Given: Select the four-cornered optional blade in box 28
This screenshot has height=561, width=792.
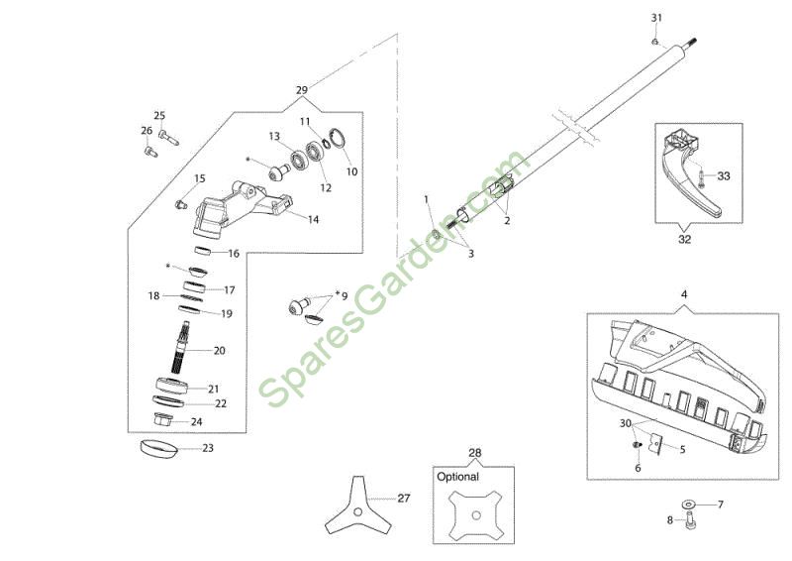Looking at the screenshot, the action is [475, 515].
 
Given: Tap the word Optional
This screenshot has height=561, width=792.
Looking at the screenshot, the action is [457, 477].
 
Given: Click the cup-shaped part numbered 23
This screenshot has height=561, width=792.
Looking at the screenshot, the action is [158, 449].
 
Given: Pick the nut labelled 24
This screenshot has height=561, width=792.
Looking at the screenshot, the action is [163, 419].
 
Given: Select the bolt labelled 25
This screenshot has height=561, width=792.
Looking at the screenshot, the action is [168, 137].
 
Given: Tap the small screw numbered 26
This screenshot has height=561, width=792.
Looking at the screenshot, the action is [150, 151].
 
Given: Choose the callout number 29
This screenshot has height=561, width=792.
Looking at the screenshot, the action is [302, 90].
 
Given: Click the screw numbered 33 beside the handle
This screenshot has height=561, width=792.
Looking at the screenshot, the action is [702, 178].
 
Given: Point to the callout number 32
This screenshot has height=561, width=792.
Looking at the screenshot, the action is [684, 239].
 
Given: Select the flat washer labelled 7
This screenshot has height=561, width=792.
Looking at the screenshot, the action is [687, 504].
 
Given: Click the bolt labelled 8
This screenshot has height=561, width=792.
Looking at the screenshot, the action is [689, 521].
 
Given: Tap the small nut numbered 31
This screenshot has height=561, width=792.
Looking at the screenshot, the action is [654, 42].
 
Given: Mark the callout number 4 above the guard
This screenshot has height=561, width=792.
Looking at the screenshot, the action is [684, 294].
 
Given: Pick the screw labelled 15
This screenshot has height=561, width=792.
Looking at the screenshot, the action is [181, 205].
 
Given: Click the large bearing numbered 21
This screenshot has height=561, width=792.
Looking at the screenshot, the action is [172, 386].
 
